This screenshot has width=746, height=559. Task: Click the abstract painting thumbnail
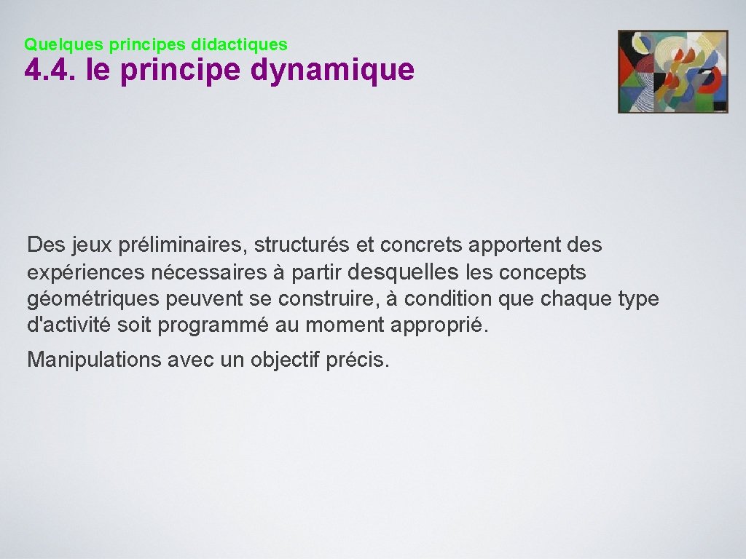(672, 71)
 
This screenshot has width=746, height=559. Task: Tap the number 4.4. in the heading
(51, 71)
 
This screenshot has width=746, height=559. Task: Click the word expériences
(86, 273)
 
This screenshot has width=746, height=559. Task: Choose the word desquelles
(404, 272)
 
